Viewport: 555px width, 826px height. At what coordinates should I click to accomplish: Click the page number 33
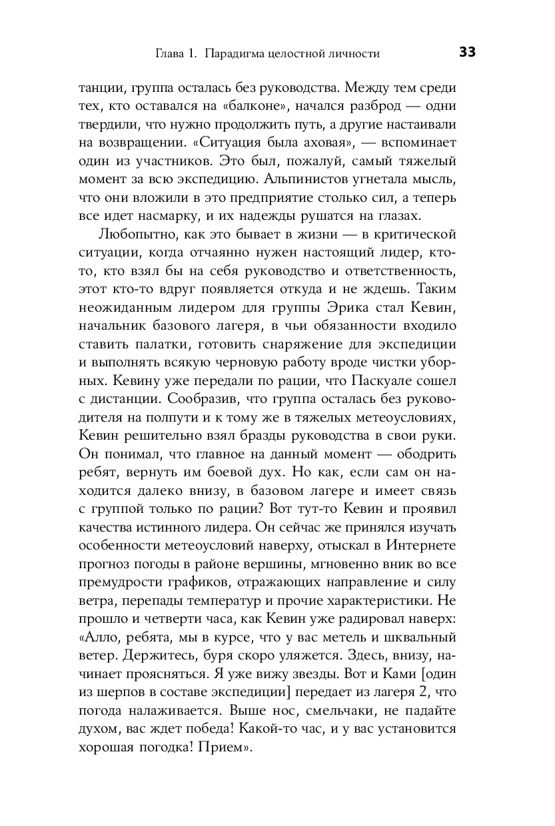click(467, 52)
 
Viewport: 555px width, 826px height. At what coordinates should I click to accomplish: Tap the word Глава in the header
click(169, 53)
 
